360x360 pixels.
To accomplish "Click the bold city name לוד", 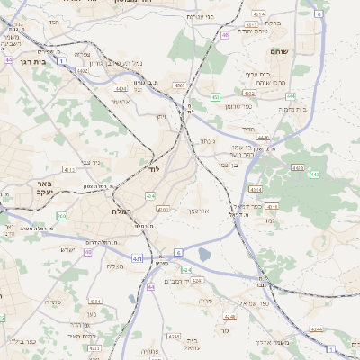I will tap(154, 168).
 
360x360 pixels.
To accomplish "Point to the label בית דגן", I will tap(20, 61).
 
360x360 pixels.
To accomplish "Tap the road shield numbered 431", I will tap(136, 258).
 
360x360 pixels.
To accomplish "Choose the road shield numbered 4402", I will tap(82, 69).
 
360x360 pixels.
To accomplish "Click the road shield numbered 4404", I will tap(121, 90).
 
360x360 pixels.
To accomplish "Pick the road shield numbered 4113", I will tap(70, 168).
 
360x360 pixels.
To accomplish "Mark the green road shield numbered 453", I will tap(215, 96).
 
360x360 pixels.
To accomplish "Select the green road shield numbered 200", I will tap(61, 215).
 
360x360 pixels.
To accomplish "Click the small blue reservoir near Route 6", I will tap(203, 255).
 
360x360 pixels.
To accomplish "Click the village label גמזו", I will tap(269, 220).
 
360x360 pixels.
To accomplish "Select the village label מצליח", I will tap(114, 265).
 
